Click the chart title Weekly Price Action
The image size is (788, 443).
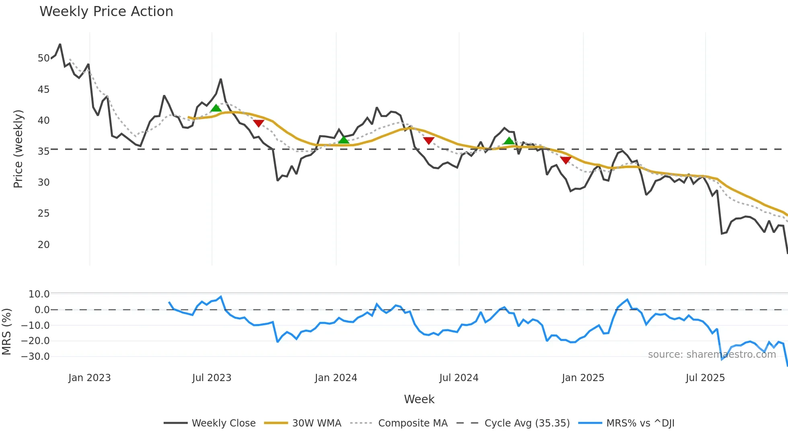pyautogui.click(x=106, y=12)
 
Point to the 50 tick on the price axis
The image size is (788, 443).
pyautogui.click(x=43, y=58)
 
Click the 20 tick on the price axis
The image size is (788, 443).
pyautogui.click(x=43, y=244)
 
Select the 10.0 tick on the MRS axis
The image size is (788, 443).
pyautogui.click(x=39, y=294)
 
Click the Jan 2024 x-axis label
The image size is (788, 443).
pyautogui.click(x=336, y=378)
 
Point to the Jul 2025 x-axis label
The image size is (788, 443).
pyautogui.click(x=705, y=378)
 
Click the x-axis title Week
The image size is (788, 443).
pyautogui.click(x=419, y=399)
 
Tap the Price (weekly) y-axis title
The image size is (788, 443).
pyautogui.click(x=18, y=149)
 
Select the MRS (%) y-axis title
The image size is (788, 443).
pyautogui.click(x=6, y=332)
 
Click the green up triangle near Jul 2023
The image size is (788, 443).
pyautogui.click(x=216, y=108)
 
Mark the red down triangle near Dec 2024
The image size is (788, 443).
pyautogui.click(x=566, y=160)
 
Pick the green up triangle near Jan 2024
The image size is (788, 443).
pyautogui.click(x=344, y=139)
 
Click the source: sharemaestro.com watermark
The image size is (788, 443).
pyautogui.click(x=712, y=354)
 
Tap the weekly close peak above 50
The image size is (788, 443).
pyautogui.click(x=60, y=44)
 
